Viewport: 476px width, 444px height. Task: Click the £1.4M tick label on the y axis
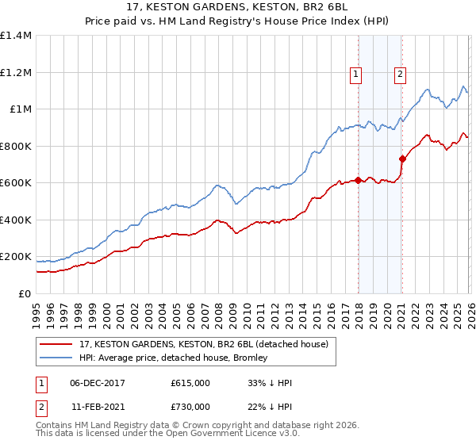(16, 36)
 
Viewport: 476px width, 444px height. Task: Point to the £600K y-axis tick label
(16, 182)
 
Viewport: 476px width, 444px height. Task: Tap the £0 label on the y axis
(24, 293)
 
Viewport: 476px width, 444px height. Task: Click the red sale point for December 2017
(359, 180)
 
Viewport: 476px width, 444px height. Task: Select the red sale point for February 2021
(402, 159)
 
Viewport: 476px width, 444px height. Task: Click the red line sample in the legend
(57, 343)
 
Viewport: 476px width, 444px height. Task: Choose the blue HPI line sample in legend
(57, 358)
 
